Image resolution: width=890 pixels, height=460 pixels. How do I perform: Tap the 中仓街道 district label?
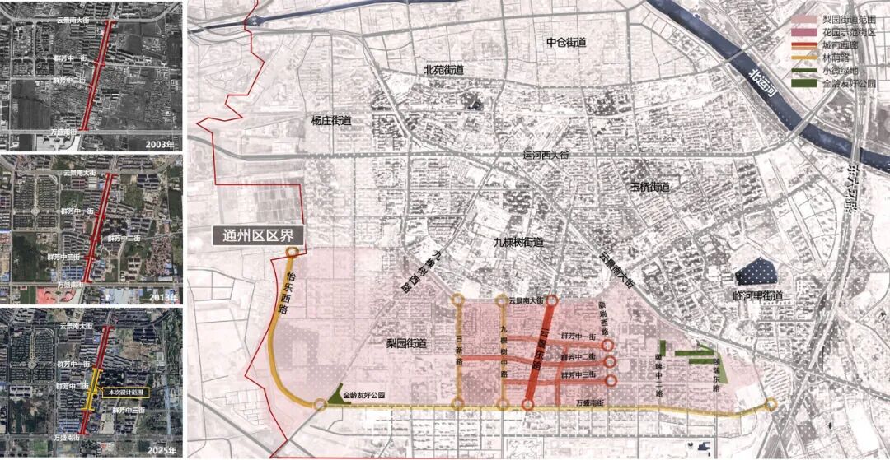pyautogui.click(x=565, y=42)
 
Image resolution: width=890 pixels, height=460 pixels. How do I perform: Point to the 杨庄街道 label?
pyautogui.click(x=331, y=121)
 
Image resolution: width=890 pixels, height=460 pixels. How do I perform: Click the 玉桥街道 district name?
pyautogui.click(x=649, y=187)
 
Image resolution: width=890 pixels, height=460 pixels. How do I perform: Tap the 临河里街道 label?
pyautogui.click(x=757, y=295)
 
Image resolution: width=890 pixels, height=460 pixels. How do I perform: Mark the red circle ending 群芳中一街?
pyautogui.click(x=607, y=346)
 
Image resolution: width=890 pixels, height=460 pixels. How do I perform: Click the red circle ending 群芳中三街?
pyautogui.click(x=611, y=380)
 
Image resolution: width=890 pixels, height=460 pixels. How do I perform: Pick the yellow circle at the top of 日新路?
pyautogui.click(x=458, y=300)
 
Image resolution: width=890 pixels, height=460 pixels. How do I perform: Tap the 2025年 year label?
pyautogui.click(x=162, y=449)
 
